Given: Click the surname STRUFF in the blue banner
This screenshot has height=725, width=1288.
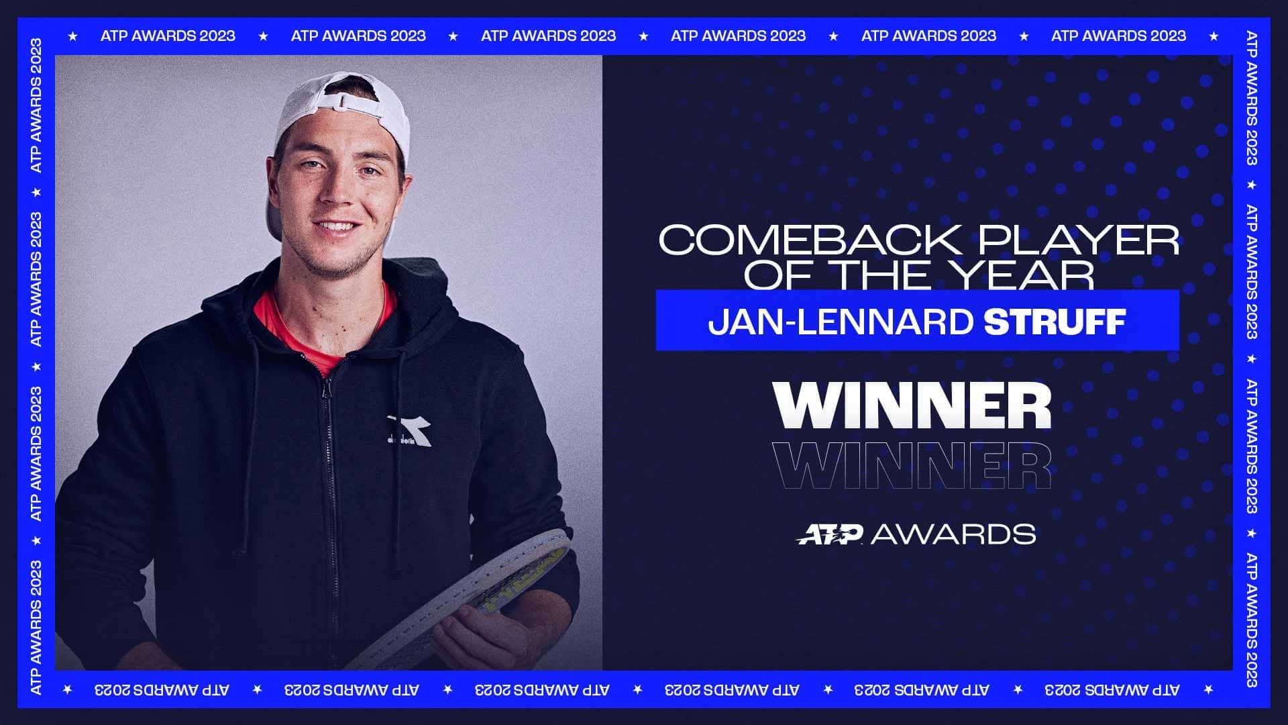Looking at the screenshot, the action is pos(1055,322).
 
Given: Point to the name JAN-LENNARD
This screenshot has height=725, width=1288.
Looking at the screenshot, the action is pos(841,322).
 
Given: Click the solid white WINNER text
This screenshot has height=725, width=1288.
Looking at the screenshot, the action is pos(912,405).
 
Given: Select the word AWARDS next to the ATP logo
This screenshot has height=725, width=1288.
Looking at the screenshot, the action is pos(953,534).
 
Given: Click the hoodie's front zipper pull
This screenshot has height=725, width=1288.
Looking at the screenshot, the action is pos(327,388).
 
